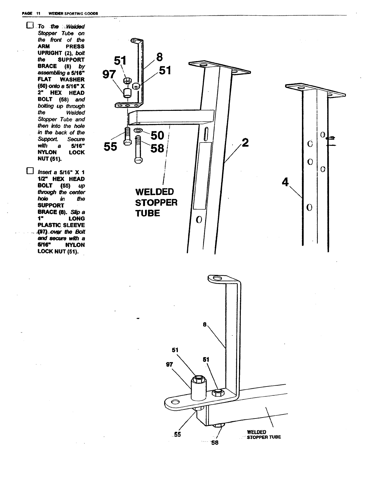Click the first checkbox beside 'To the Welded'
click(29, 25)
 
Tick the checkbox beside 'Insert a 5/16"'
click(29, 171)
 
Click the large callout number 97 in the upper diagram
click(109, 74)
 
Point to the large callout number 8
click(159, 57)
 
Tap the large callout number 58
click(157, 149)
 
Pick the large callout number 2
click(245, 143)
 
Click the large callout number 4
click(285, 182)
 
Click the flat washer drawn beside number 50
click(139, 130)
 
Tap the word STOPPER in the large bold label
click(156, 203)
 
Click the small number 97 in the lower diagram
click(169, 364)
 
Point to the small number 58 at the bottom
click(215, 443)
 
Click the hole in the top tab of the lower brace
click(217, 278)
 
